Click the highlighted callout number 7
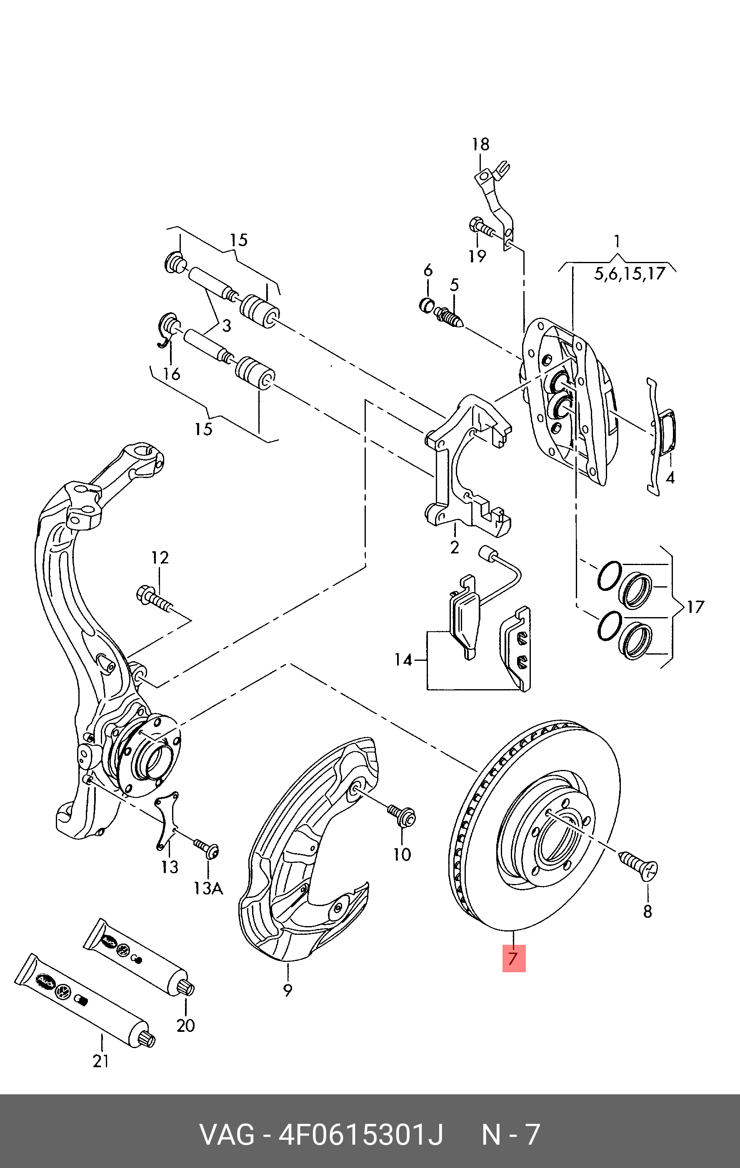[513, 959]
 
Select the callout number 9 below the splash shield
[288, 990]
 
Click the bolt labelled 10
[402, 814]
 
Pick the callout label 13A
[208, 888]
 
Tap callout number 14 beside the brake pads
[403, 660]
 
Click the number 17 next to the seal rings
[695, 607]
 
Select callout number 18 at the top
[480, 144]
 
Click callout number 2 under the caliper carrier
[454, 547]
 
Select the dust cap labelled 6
[427, 305]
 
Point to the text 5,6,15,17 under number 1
[629, 274]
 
